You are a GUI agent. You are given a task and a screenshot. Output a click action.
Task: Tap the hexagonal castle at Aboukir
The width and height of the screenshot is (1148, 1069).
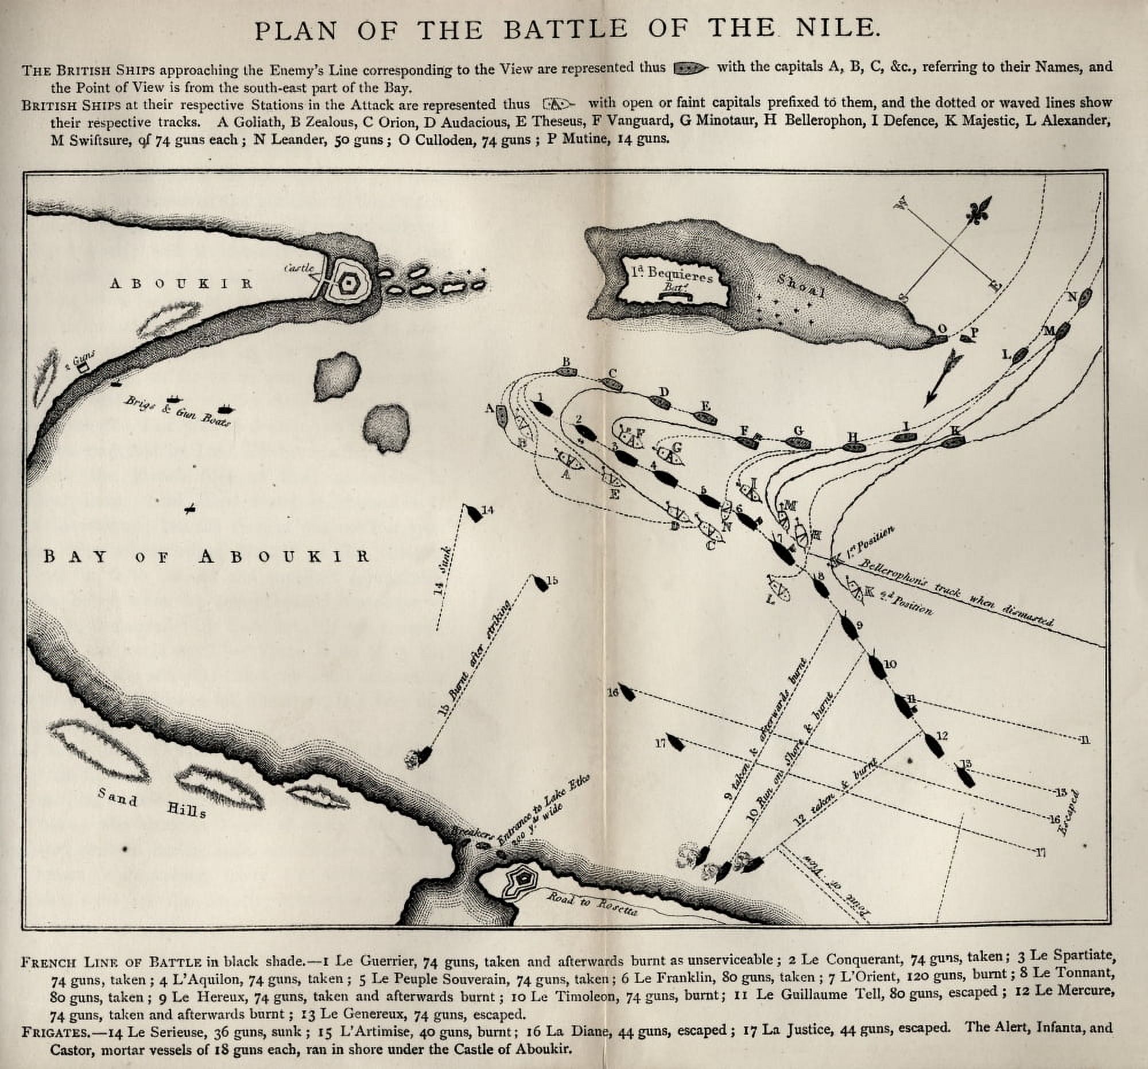349,283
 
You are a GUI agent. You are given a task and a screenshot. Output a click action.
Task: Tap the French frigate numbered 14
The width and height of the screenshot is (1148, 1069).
474,513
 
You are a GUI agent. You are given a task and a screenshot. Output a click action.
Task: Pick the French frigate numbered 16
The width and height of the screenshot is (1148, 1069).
628,694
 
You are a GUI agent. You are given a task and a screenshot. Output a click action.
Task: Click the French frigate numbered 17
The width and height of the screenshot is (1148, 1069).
676,744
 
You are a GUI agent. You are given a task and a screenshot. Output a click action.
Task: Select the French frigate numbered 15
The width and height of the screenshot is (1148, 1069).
541,583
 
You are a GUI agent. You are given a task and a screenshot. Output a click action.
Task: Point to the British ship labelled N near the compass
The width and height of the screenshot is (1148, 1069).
1084,296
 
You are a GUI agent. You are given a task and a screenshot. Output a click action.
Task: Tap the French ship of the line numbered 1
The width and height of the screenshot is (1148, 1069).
544,408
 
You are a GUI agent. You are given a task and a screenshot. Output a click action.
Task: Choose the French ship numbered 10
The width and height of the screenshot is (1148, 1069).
877,667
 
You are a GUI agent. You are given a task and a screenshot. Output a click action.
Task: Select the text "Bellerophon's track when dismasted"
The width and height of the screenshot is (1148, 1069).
956,592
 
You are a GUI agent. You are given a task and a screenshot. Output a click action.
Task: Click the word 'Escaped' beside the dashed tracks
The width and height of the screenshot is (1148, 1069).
1072,813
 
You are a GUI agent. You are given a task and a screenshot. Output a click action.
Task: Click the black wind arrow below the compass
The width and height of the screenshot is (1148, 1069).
943,380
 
